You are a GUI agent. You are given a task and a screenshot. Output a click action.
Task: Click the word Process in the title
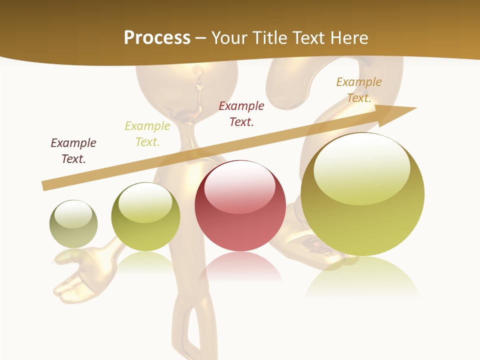[157, 37]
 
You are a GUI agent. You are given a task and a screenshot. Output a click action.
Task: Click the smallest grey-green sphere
[73, 224]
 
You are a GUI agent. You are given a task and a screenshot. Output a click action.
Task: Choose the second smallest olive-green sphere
[145, 217]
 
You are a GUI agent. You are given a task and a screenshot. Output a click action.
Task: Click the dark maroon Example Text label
[73, 151]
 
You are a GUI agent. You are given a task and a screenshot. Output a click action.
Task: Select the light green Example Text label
[147, 134]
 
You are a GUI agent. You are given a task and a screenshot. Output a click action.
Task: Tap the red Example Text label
[241, 113]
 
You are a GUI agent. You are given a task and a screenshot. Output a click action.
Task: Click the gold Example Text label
[359, 90]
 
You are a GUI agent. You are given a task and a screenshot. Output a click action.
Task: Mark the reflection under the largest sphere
[362, 277]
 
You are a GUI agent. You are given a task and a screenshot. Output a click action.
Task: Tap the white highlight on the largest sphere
[361, 167]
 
